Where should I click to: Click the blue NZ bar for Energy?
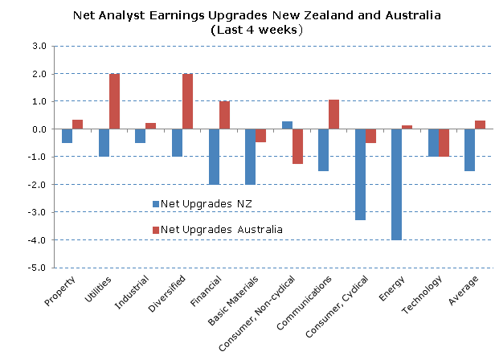click(397, 184)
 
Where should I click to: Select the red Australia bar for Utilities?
click(115, 101)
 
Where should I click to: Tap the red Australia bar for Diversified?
click(187, 101)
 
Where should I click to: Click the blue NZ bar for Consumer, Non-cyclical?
click(287, 125)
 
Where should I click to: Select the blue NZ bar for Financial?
click(214, 157)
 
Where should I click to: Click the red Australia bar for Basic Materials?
click(261, 136)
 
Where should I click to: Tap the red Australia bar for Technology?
click(444, 143)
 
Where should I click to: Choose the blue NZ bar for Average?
click(469, 150)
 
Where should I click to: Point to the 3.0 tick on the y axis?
click(40, 47)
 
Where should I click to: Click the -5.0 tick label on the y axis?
click(39, 268)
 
